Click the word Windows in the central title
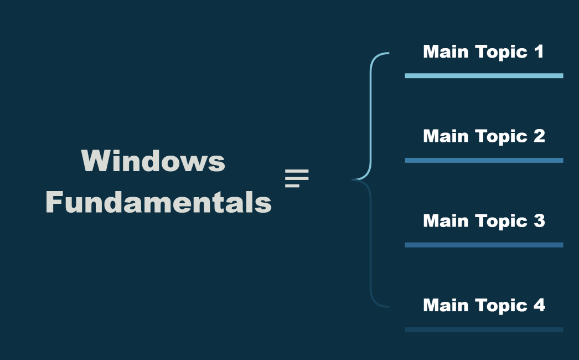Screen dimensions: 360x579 pos(153,161)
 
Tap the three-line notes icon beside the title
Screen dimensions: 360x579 pos(297,178)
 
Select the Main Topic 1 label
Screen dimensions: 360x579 pos(483,52)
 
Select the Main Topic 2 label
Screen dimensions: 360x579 pos(484,136)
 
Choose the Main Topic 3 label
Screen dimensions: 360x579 pos(484,221)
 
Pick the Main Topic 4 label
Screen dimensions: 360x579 pos(484,305)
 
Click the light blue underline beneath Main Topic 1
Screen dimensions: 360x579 pos(484,76)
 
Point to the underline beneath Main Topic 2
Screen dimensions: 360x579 pos(484,160)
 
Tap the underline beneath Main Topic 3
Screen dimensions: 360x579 pos(484,245)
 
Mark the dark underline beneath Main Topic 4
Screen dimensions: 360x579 pos(484,329)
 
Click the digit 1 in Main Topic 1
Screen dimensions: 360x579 pos(539,52)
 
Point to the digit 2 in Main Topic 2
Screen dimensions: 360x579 pos(539,136)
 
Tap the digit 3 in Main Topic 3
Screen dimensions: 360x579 pos(539,221)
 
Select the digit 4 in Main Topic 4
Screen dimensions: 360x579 pos(539,305)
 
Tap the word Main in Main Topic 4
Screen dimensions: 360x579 pos(443,305)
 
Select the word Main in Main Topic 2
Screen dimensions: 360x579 pos(443,136)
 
